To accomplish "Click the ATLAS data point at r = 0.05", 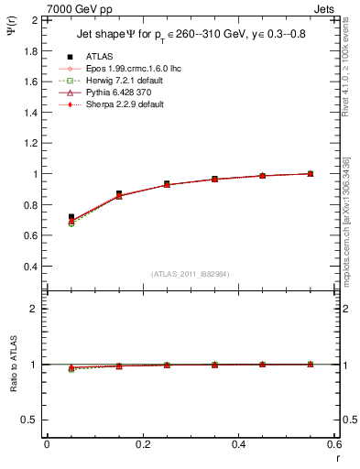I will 71,217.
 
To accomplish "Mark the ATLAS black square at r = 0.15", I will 119,194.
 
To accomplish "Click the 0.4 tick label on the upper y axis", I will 30,267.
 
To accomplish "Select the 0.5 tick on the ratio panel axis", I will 30,420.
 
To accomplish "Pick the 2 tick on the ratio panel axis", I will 34,309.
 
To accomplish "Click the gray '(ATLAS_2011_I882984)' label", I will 190,274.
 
